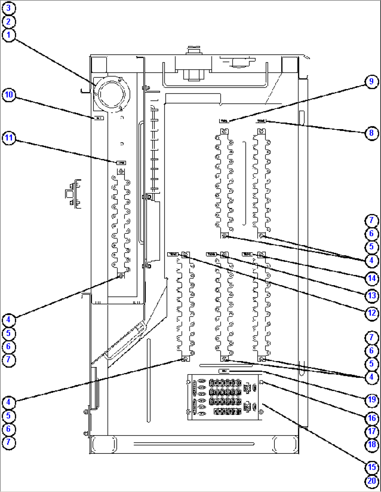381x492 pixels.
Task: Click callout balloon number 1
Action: (x=9, y=35)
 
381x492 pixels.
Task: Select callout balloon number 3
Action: (x=9, y=8)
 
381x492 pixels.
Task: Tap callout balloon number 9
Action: (x=371, y=82)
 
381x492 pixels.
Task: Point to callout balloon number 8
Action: (x=371, y=133)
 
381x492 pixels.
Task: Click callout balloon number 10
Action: (x=9, y=95)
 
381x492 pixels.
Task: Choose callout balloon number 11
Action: (x=9, y=138)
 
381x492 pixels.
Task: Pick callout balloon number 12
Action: (x=371, y=313)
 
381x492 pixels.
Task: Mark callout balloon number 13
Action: (x=371, y=296)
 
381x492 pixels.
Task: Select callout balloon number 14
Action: (x=371, y=279)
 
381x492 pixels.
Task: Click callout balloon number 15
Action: (x=371, y=467)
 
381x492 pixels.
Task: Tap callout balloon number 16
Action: (x=371, y=418)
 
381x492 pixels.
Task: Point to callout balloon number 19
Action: (x=371, y=399)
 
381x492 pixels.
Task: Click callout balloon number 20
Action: (x=371, y=481)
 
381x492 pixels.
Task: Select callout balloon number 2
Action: (x=9, y=21)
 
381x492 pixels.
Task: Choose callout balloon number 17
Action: (x=371, y=431)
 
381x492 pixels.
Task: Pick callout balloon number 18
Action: (x=371, y=445)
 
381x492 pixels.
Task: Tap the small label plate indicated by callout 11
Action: (x=121, y=163)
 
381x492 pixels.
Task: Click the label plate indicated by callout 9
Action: (x=224, y=121)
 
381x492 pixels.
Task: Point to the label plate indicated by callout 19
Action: (x=224, y=371)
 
